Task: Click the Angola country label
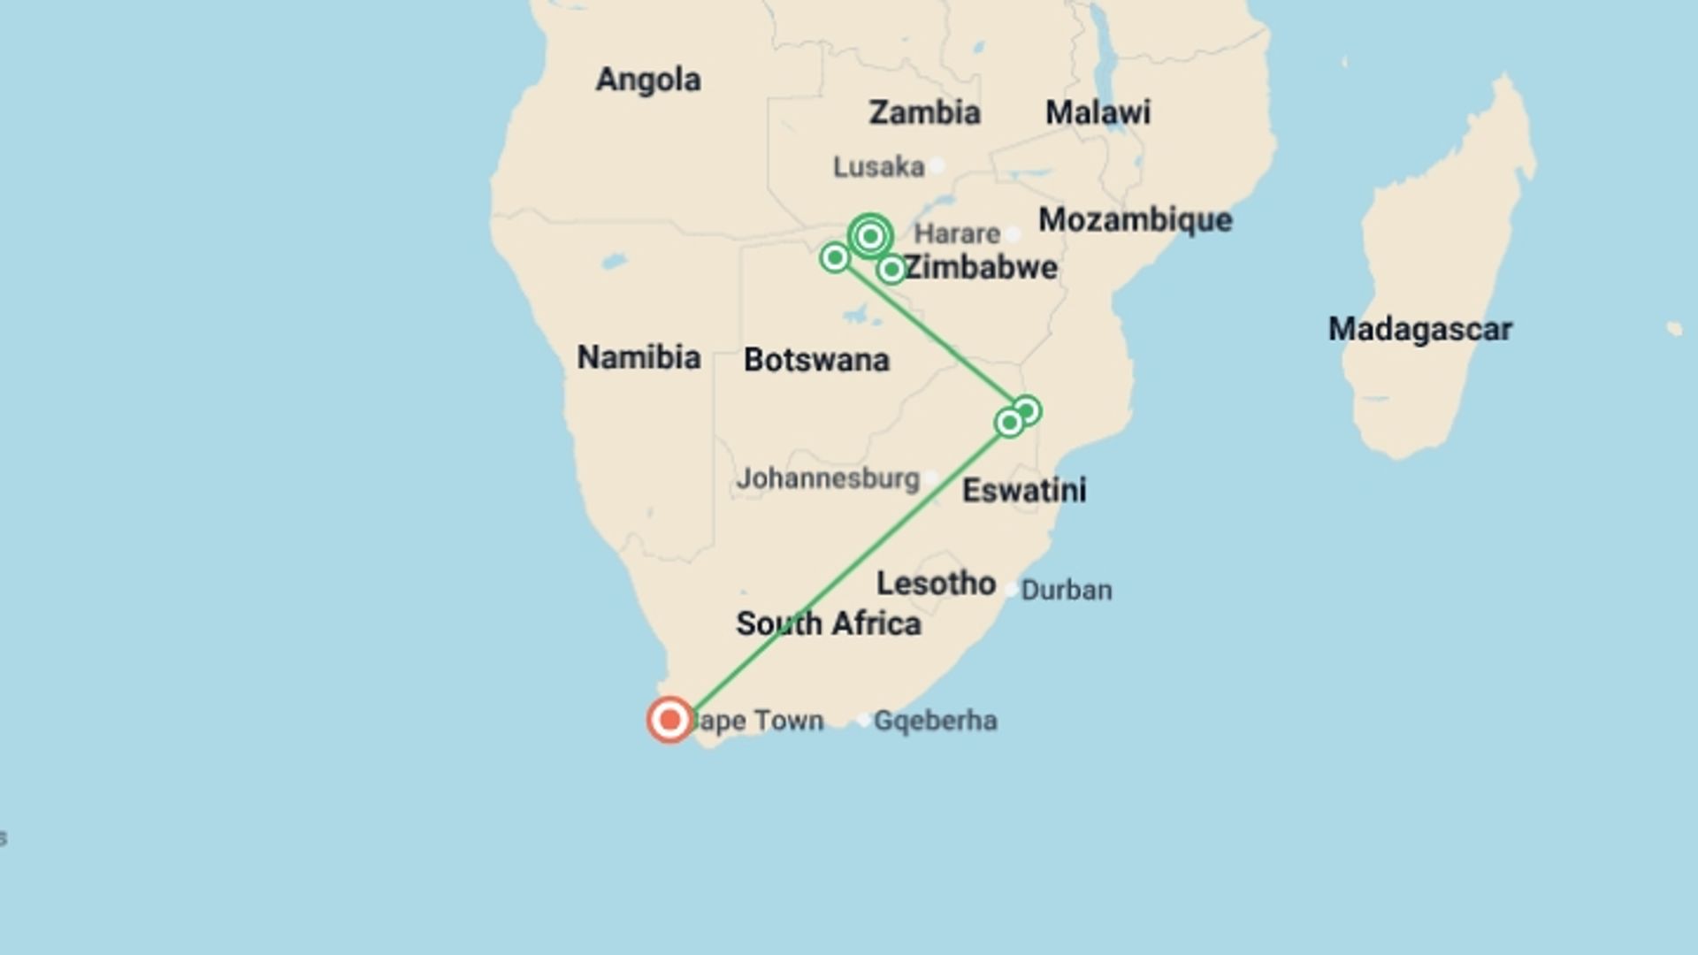[x=648, y=80]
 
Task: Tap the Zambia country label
[x=924, y=112]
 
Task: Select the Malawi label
[x=1098, y=112]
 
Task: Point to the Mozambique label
[x=1135, y=219]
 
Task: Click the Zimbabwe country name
[x=981, y=267]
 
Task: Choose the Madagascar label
[x=1419, y=329]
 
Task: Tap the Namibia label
[x=639, y=357]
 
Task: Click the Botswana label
[x=816, y=360]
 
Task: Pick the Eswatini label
[x=1024, y=490]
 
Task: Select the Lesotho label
[x=936, y=584]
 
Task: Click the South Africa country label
[x=829, y=623]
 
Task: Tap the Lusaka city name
[x=878, y=166]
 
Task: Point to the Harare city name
[x=957, y=233]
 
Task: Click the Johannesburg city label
[x=828, y=478]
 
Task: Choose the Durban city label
[x=1067, y=590]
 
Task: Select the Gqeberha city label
[x=936, y=721]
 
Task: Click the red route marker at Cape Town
[x=669, y=720]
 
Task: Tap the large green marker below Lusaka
[x=870, y=236]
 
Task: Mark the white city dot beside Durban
[x=1011, y=590]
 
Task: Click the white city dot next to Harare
[x=1013, y=234]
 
